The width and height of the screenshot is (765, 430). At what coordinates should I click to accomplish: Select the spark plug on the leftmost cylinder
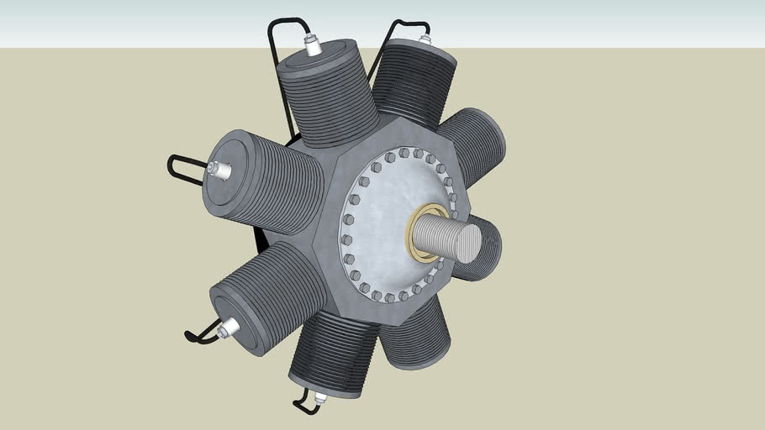[222, 170]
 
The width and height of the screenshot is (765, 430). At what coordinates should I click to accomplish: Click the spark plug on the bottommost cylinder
[319, 396]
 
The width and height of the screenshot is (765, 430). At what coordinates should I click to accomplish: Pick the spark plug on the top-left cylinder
[314, 46]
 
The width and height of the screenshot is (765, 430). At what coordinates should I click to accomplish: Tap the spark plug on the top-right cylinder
[424, 39]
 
